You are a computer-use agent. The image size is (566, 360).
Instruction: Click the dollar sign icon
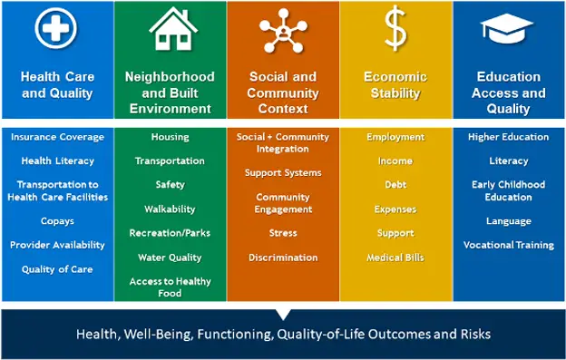point(395,30)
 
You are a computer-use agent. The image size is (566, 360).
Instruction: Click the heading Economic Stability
point(395,84)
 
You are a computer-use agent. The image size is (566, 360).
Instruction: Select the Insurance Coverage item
point(57,137)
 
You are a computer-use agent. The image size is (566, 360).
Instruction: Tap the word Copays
point(57,220)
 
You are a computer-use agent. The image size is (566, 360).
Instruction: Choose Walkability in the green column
point(170,209)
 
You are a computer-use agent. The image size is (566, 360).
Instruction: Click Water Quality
point(170,258)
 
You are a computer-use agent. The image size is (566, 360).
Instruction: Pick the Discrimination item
point(283,258)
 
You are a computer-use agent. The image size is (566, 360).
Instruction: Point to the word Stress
point(283,233)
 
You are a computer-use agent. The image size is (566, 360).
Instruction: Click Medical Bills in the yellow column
point(395,258)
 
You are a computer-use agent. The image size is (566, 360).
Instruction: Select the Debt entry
point(395,185)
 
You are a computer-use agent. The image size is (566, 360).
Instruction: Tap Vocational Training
point(508,245)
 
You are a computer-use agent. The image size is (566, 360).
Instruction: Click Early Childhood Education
point(508,190)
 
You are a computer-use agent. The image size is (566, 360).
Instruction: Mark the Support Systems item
point(283,172)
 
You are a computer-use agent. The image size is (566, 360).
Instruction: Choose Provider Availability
point(57,245)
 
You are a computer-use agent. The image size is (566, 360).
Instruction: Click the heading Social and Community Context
point(283,92)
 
